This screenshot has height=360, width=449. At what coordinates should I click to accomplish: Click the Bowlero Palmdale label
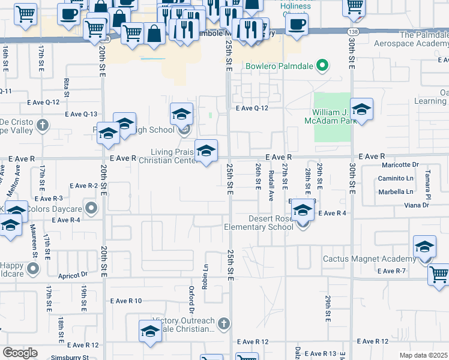[279, 65]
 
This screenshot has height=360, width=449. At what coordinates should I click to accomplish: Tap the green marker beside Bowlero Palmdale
[322, 65]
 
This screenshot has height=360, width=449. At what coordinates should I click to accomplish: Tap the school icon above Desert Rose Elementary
[303, 211]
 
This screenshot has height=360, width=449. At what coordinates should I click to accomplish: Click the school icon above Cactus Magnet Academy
[424, 247]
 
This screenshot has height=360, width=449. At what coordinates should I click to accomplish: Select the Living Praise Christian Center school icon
[206, 151]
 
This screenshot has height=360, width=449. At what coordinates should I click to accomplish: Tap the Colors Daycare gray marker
[91, 208]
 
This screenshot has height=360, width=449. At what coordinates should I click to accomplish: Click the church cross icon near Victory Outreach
[224, 324]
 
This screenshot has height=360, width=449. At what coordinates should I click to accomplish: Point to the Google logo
[20, 353]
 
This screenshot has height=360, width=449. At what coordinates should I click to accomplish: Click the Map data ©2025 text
[423, 355]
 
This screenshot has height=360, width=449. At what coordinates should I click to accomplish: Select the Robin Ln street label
[205, 275]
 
